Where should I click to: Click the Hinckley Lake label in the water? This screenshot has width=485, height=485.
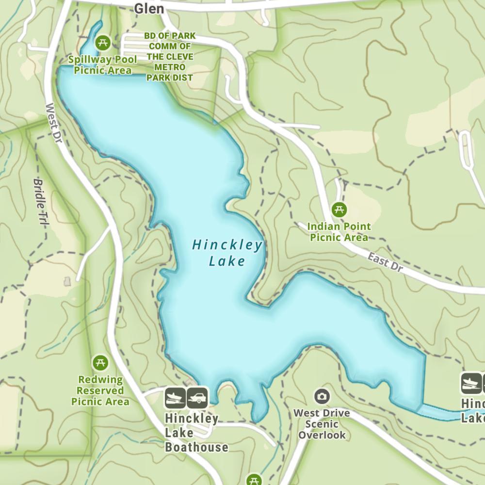coord(227,253)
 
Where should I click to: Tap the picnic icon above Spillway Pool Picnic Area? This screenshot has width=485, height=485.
coord(102,43)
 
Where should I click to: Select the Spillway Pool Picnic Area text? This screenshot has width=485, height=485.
coord(102,65)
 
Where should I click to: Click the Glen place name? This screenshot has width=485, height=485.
coord(149,8)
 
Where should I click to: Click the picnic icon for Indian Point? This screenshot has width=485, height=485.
coord(339,210)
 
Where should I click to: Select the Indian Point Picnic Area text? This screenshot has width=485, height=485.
coord(339,232)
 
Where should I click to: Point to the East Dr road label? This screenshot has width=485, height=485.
coord(385,262)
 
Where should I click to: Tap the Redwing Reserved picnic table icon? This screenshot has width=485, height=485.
coord(100,363)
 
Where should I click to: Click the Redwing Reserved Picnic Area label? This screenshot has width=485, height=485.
coord(100,390)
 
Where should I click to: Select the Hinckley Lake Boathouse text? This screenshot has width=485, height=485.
coord(195,433)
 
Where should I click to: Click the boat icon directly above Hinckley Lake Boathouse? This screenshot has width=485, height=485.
coord(175,397)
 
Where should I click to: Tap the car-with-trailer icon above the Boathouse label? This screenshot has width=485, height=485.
coord(197,397)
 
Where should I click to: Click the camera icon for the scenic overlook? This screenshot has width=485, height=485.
coord(322,397)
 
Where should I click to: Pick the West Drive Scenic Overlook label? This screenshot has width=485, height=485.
coord(322,424)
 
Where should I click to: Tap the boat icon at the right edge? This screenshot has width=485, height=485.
coord(471,383)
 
